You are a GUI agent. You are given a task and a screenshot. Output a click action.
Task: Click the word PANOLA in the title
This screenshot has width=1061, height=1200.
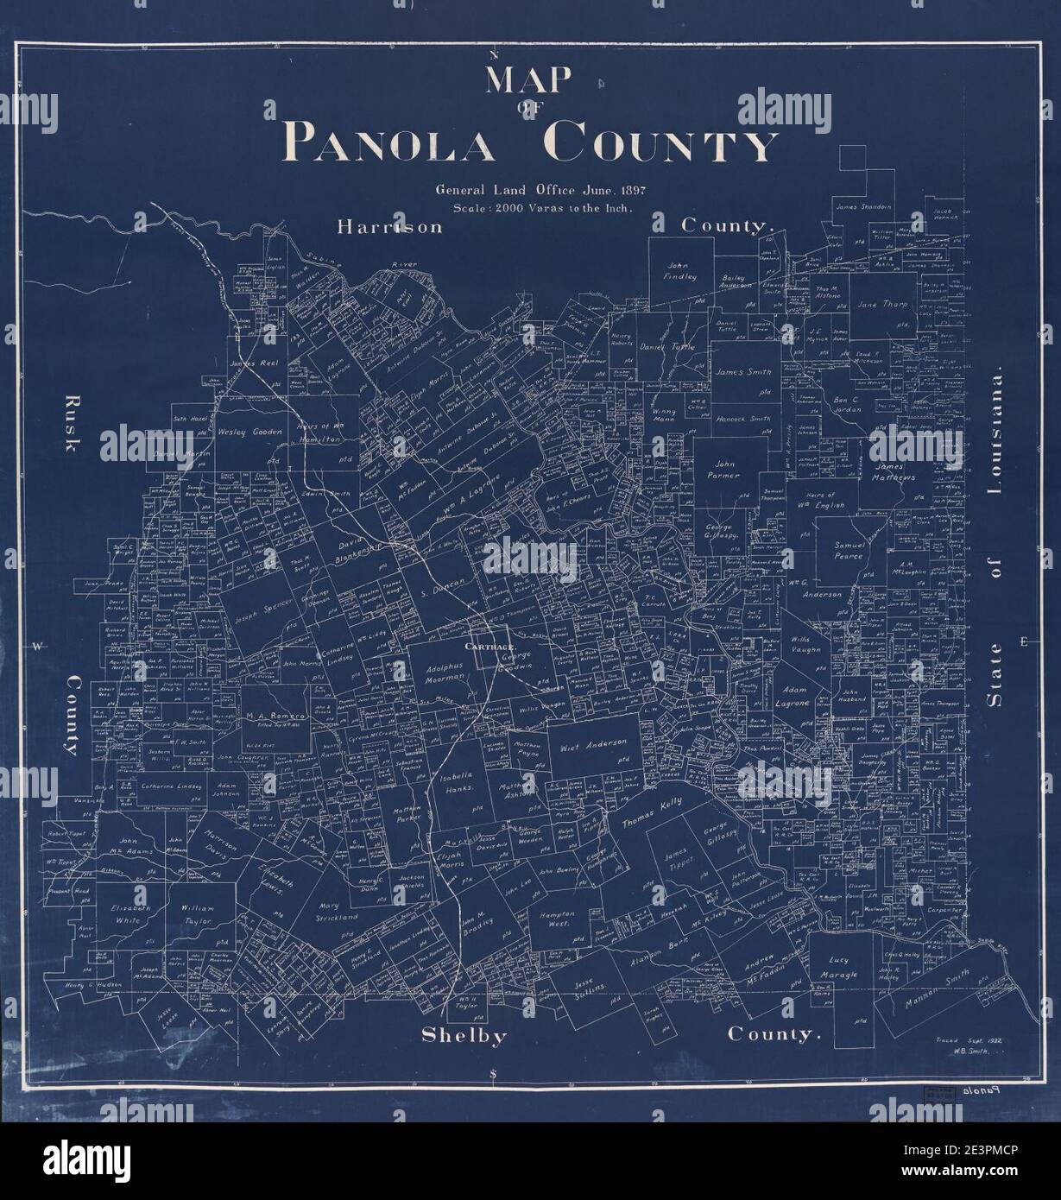point(392,144)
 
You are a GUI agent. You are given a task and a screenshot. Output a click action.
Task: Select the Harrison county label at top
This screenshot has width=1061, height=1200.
point(389,227)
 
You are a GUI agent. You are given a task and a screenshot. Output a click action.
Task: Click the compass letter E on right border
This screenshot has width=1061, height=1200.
point(1024,641)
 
